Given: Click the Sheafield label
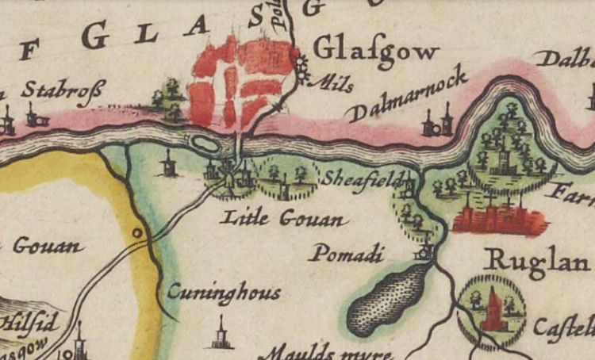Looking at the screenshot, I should [358, 178].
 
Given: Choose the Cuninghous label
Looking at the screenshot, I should [224, 293].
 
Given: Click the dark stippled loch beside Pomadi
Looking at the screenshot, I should [389, 293].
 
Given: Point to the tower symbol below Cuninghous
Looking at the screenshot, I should [221, 334].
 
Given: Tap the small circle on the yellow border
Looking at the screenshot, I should [137, 233].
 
